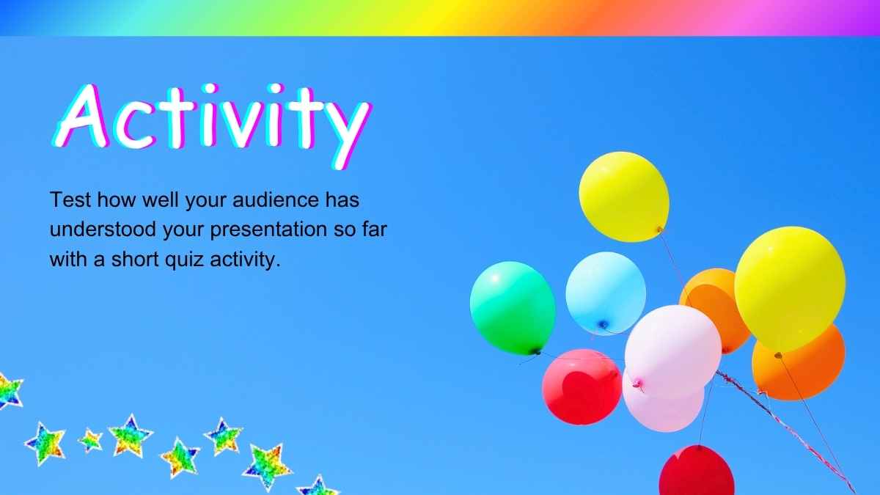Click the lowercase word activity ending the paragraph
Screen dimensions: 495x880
click(249, 260)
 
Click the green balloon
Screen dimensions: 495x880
click(512, 307)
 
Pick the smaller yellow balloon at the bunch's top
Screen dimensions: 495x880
click(623, 195)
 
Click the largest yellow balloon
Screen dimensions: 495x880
click(789, 287)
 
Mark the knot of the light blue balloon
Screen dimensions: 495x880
click(603, 324)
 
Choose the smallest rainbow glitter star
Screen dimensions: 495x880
click(91, 440)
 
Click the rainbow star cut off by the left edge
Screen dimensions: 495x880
click(9, 390)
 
